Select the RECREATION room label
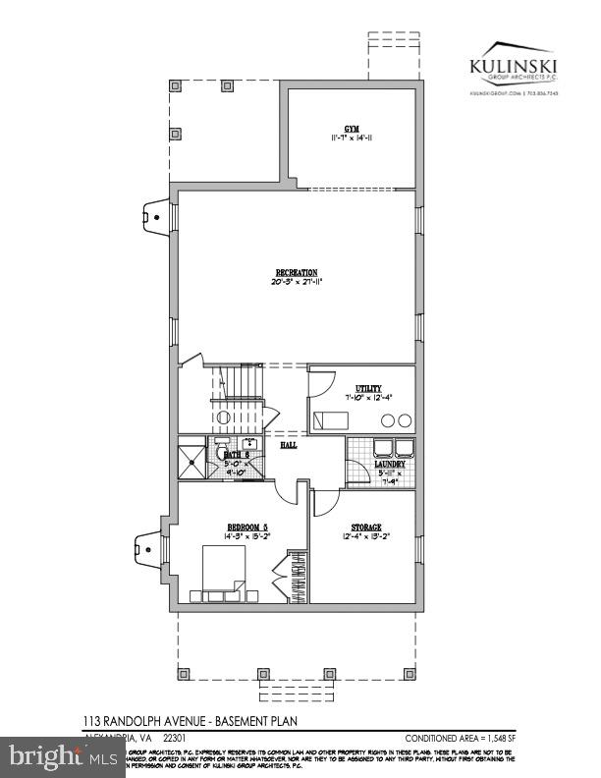click(x=297, y=271)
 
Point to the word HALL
click(x=289, y=445)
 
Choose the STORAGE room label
click(x=363, y=527)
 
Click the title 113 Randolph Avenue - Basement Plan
click(x=190, y=722)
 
